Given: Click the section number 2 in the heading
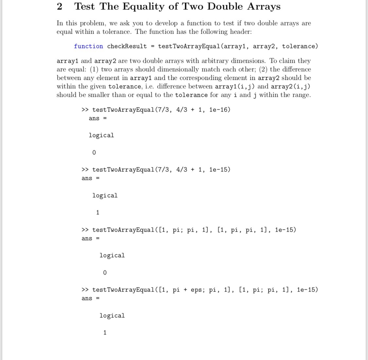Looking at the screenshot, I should pyautogui.click(x=60, y=7).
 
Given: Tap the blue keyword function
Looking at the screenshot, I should pyautogui.click(x=88, y=46).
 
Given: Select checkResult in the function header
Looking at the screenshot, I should pyautogui.click(x=127, y=46).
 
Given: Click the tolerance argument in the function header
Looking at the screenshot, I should pyautogui.click(x=300, y=46).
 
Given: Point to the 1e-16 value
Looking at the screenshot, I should pyautogui.click(x=219, y=110).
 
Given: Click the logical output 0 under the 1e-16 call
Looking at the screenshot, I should pyautogui.click(x=94, y=153).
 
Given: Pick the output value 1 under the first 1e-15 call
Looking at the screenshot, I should pyautogui.click(x=97, y=213).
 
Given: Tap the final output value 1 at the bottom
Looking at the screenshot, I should pyautogui.click(x=105, y=333).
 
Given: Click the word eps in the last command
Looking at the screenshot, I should pyautogui.click(x=196, y=290).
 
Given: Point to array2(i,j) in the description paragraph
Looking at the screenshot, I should pyautogui.click(x=290, y=86).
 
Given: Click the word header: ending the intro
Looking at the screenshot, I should pyautogui.click(x=241, y=32).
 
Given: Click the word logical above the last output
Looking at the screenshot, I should pyautogui.click(x=112, y=315).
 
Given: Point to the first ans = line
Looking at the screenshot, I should pyautogui.click(x=97, y=118).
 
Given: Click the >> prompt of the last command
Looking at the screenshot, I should pyautogui.click(x=85, y=290).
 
